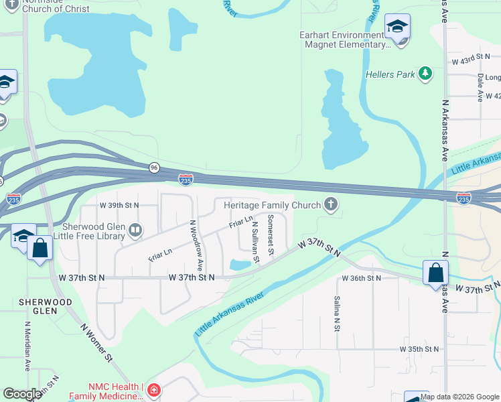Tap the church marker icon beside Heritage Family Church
[x=330, y=204]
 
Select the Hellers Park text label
[x=391, y=74]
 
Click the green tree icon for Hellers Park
[x=425, y=74]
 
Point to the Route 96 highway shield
[x=155, y=167]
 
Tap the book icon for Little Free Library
[x=135, y=231]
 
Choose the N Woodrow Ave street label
[x=196, y=246]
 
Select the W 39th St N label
[x=119, y=205]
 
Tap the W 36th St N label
[x=361, y=277]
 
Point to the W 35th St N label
[x=419, y=349]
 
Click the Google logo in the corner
[x=22, y=394]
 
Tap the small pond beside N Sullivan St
[x=240, y=265]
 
